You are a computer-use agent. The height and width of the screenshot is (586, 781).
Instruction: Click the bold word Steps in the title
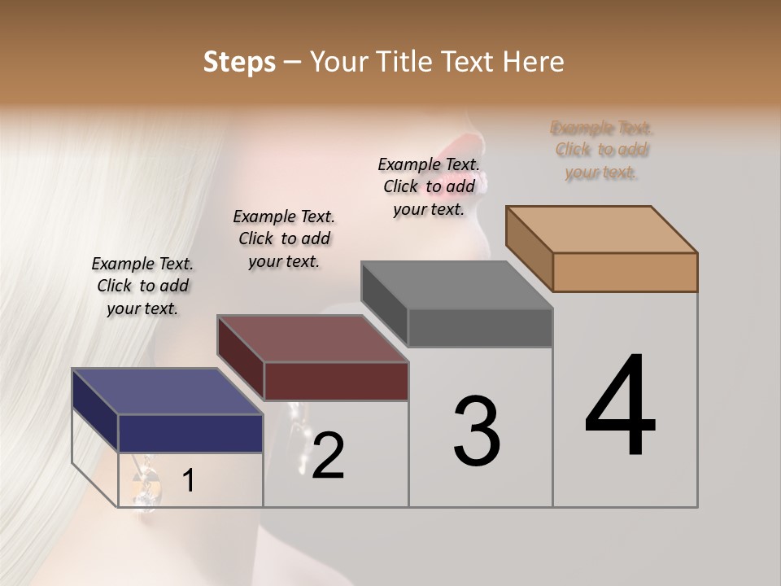tap(239, 62)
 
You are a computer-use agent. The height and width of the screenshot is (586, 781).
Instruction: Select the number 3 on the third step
tap(476, 431)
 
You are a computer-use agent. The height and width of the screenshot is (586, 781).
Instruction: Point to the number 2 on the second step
tap(328, 456)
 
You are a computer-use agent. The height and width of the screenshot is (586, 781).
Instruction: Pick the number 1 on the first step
tap(188, 481)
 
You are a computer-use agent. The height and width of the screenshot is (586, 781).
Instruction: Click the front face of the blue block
tap(190, 433)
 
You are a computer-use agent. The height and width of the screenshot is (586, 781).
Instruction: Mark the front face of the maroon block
tap(336, 381)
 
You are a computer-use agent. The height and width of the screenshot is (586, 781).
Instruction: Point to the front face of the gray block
tap(480, 328)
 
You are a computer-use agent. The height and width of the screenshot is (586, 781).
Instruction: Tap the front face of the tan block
tap(625, 272)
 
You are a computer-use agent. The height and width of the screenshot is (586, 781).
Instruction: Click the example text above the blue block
tap(142, 286)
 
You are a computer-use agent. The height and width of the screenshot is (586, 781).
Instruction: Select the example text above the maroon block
tap(284, 238)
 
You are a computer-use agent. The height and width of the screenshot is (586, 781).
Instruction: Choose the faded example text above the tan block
tap(602, 150)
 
